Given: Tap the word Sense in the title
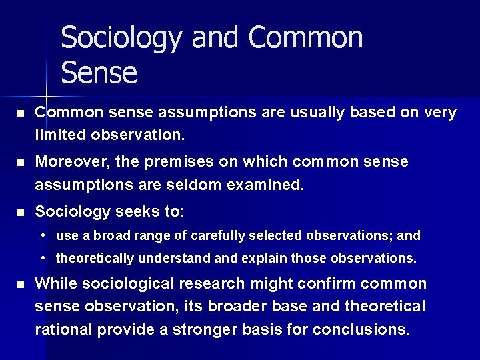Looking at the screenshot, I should [99, 72].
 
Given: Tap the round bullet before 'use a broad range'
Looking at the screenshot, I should [42, 236].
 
